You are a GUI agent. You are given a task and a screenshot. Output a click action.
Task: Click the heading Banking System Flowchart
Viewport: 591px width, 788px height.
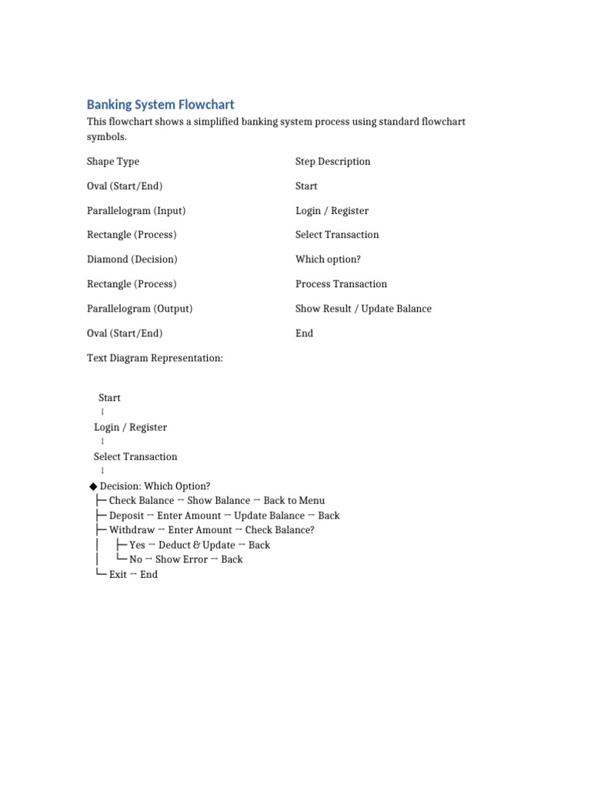(160, 105)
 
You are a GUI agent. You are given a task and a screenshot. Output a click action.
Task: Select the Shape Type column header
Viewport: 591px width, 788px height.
(113, 162)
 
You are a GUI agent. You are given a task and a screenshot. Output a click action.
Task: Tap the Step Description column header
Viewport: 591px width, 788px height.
(332, 162)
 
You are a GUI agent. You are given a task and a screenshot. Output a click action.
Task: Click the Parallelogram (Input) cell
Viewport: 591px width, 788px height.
(136, 211)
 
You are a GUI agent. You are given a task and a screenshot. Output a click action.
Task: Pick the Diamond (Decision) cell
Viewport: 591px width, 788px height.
(132, 259)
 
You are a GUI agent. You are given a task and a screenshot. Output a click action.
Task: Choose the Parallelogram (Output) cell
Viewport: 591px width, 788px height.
(139, 309)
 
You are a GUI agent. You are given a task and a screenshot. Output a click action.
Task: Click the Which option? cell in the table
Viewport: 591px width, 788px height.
(328, 259)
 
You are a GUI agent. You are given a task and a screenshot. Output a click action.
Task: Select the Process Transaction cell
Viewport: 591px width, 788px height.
(341, 284)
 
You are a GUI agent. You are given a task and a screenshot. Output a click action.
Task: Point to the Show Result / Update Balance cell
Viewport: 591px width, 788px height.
(363, 309)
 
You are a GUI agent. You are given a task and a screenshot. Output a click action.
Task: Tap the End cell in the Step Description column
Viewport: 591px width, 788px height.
(304, 333)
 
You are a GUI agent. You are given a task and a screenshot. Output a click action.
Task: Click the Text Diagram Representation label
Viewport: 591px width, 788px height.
(155, 358)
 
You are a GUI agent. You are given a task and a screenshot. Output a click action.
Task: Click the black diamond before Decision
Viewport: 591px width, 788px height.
(93, 486)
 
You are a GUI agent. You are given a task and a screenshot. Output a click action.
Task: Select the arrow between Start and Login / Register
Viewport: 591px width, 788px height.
(102, 412)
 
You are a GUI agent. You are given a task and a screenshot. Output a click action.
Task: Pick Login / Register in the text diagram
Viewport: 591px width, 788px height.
(130, 427)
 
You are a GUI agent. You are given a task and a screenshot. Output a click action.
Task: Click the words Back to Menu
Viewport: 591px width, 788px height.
(294, 501)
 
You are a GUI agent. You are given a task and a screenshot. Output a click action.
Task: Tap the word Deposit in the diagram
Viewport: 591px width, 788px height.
(126, 516)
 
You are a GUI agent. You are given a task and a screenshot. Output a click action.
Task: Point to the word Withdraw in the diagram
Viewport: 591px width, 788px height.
(132, 530)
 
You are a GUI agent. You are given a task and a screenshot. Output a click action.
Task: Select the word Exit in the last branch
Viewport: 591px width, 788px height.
(118, 575)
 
